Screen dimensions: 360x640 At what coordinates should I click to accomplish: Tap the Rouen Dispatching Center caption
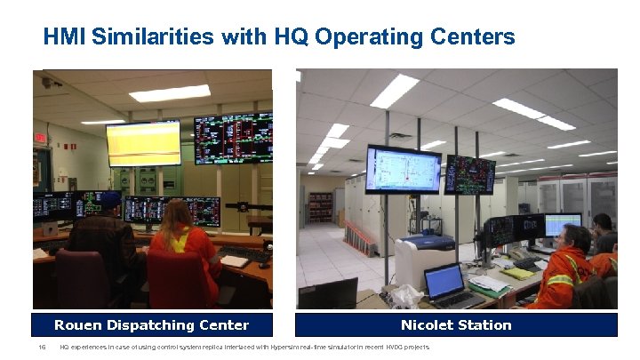152,324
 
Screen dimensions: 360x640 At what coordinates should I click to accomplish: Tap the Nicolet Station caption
456,324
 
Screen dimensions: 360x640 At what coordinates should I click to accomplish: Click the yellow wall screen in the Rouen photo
143,142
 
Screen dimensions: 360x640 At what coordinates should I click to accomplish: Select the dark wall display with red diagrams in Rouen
233,137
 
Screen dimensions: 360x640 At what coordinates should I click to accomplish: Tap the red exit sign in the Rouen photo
39,138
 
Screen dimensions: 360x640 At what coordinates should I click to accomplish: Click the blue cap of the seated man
110,199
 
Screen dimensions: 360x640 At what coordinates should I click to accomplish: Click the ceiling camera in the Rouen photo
46,82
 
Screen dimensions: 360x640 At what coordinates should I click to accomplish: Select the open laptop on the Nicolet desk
443,284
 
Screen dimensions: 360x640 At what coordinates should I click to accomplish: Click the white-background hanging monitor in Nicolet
403,169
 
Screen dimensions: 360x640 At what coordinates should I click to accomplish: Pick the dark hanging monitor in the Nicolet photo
469,174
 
